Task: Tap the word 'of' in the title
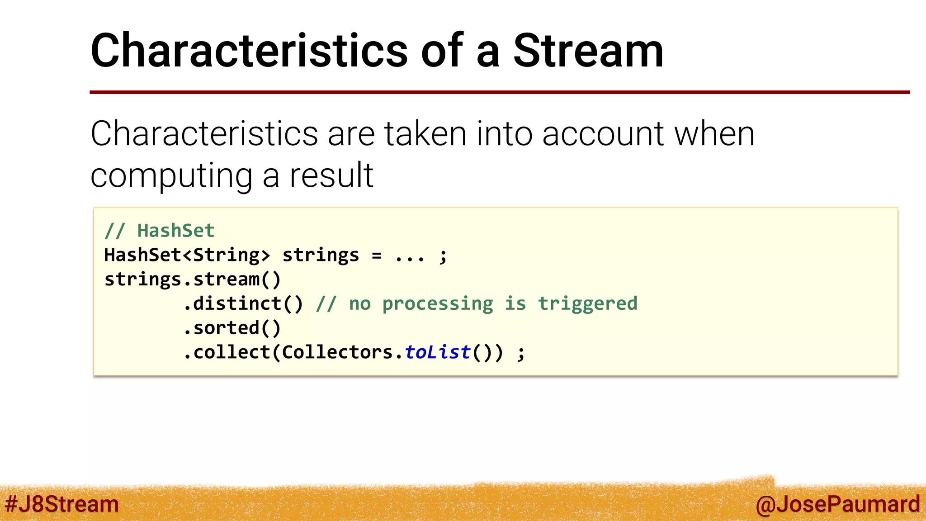point(442,51)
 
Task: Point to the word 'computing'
point(171,176)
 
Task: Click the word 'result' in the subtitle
point(331,175)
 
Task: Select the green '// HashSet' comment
point(159,231)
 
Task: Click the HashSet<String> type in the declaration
point(187,255)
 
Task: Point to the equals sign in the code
point(377,256)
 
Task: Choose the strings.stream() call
point(193,279)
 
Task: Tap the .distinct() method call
point(243,303)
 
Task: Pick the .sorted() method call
point(232,328)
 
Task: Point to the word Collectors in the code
point(337,352)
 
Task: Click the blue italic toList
point(438,352)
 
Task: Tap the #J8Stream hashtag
point(62,504)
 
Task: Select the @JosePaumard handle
point(837,504)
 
